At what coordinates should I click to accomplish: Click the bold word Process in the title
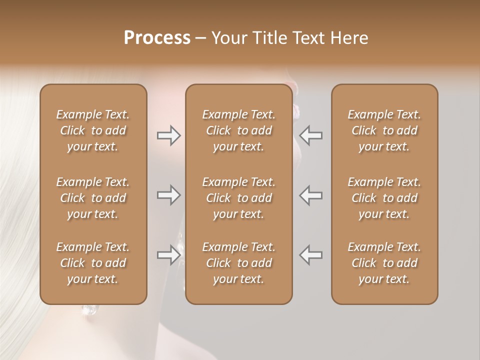pyautogui.click(x=157, y=38)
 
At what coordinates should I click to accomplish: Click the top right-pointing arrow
pyautogui.click(x=168, y=135)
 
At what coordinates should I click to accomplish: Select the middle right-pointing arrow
pyautogui.click(x=168, y=195)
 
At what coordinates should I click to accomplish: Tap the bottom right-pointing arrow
pyautogui.click(x=168, y=255)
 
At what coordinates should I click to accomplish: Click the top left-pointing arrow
pyautogui.click(x=311, y=135)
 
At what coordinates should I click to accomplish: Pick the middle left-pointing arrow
pyautogui.click(x=311, y=195)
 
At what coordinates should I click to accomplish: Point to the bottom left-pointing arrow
pyautogui.click(x=311, y=255)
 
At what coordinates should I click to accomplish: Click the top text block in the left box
pyautogui.click(x=93, y=130)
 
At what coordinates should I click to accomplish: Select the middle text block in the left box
pyautogui.click(x=93, y=198)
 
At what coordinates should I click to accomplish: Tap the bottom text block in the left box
pyautogui.click(x=93, y=263)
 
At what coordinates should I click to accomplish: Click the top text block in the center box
pyautogui.click(x=239, y=130)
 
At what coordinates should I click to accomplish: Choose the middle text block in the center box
pyautogui.click(x=239, y=198)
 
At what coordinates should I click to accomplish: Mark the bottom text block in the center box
pyautogui.click(x=239, y=263)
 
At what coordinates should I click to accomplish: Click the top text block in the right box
pyautogui.click(x=384, y=130)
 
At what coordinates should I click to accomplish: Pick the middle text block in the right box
pyautogui.click(x=384, y=198)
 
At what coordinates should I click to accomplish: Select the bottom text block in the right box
pyautogui.click(x=384, y=263)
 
